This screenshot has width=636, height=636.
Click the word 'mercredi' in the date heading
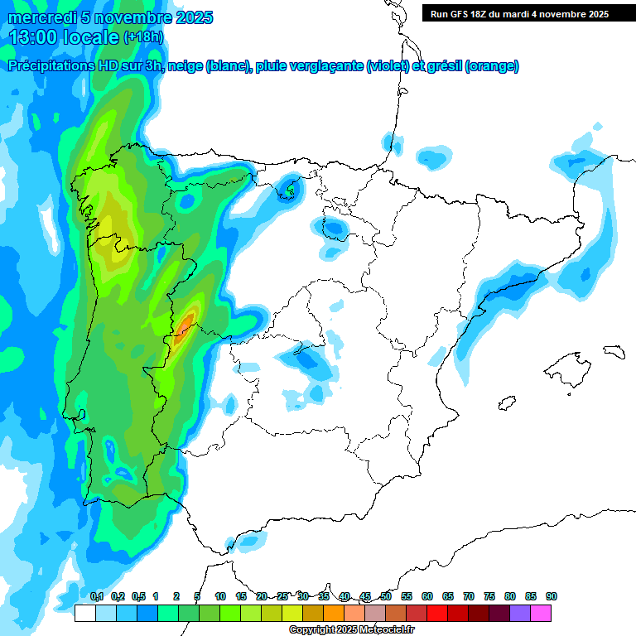41,17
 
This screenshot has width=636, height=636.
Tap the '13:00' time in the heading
32,37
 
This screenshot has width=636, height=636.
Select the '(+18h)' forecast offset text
143,37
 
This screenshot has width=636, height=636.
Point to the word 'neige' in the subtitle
184,66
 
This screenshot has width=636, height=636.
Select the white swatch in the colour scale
84,613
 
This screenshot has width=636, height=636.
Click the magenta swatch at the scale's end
541,613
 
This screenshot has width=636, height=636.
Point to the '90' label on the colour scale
552,596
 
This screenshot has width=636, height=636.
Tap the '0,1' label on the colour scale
96,596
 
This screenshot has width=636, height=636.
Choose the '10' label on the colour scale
220,596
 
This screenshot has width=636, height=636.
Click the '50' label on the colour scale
386,596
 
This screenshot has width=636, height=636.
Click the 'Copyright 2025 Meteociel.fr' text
351,630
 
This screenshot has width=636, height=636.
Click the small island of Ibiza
508,402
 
